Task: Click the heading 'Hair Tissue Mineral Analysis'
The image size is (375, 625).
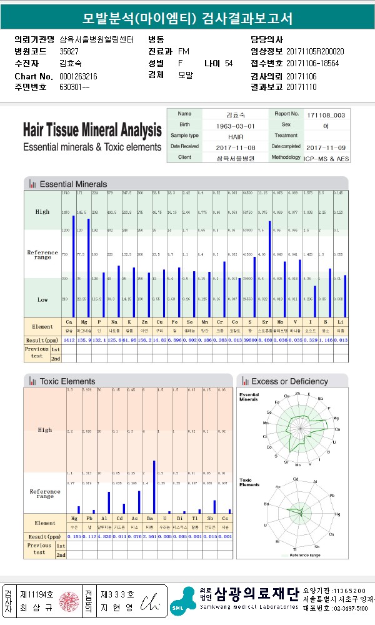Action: (x=92, y=131)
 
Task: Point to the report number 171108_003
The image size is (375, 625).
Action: (x=326, y=115)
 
